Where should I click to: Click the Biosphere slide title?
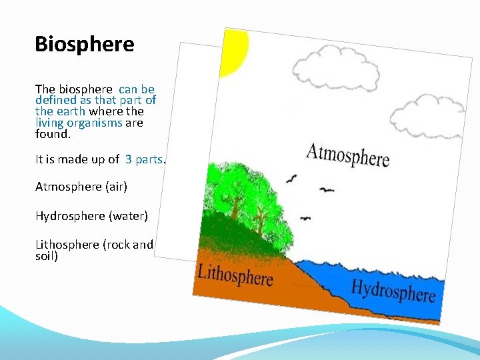tap(85, 45)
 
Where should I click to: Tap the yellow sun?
tap(235, 51)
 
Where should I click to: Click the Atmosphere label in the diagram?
tap(347, 154)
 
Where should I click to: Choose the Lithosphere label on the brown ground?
tap(235, 274)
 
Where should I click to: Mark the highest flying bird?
tap(292, 178)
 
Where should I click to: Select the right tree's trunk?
tap(260, 217)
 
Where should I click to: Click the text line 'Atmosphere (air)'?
tap(81, 187)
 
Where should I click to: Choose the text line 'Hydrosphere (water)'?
tap(91, 216)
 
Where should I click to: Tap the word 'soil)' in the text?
tap(47, 255)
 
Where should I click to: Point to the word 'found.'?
tap(52, 133)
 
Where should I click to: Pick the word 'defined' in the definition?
tap(55, 100)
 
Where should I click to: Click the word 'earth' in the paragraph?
tap(70, 111)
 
